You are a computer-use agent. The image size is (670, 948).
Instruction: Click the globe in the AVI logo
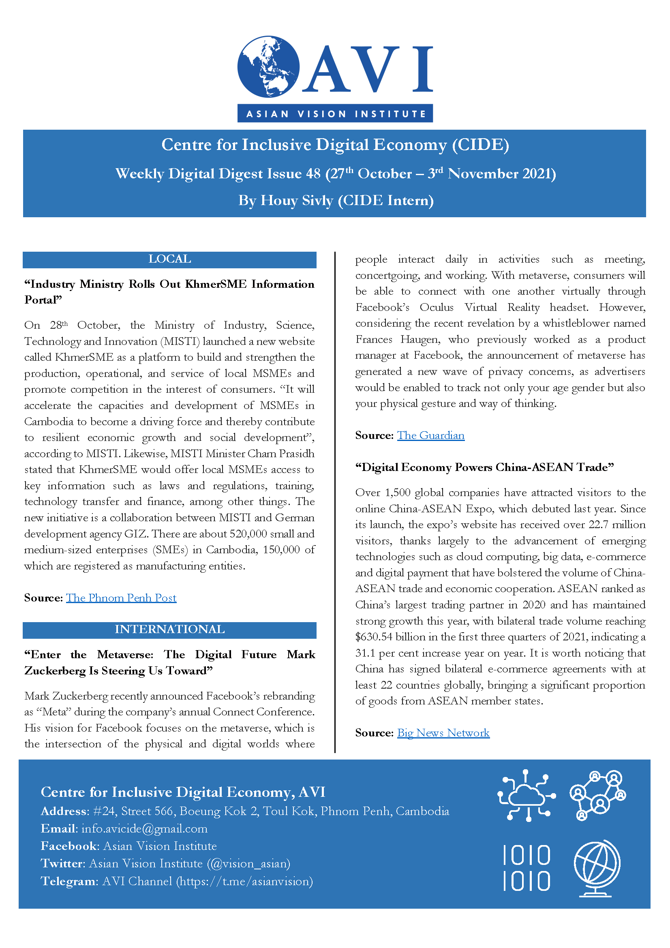click(x=268, y=66)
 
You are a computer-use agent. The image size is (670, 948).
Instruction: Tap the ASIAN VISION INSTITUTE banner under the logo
click(x=335, y=113)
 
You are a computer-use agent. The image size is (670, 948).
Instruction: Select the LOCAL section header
click(x=169, y=259)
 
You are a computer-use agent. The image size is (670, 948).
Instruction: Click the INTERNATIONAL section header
click(x=169, y=629)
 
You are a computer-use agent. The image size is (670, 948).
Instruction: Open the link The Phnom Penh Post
click(x=121, y=598)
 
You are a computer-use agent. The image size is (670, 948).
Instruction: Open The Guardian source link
click(x=430, y=436)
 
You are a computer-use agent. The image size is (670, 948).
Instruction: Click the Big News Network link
click(x=443, y=733)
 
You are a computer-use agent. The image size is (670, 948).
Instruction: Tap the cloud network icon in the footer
click(x=527, y=795)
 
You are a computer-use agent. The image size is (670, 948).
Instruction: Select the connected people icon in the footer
click(x=597, y=795)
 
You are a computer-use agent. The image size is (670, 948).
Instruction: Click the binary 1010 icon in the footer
click(x=527, y=868)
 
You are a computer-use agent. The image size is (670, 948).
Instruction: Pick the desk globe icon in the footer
click(x=597, y=868)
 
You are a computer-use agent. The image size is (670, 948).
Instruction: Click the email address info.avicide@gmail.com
click(x=144, y=829)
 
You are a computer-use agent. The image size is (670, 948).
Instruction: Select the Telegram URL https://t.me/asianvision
click(x=244, y=881)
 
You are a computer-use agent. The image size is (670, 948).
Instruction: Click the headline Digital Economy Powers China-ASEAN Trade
click(x=484, y=467)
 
